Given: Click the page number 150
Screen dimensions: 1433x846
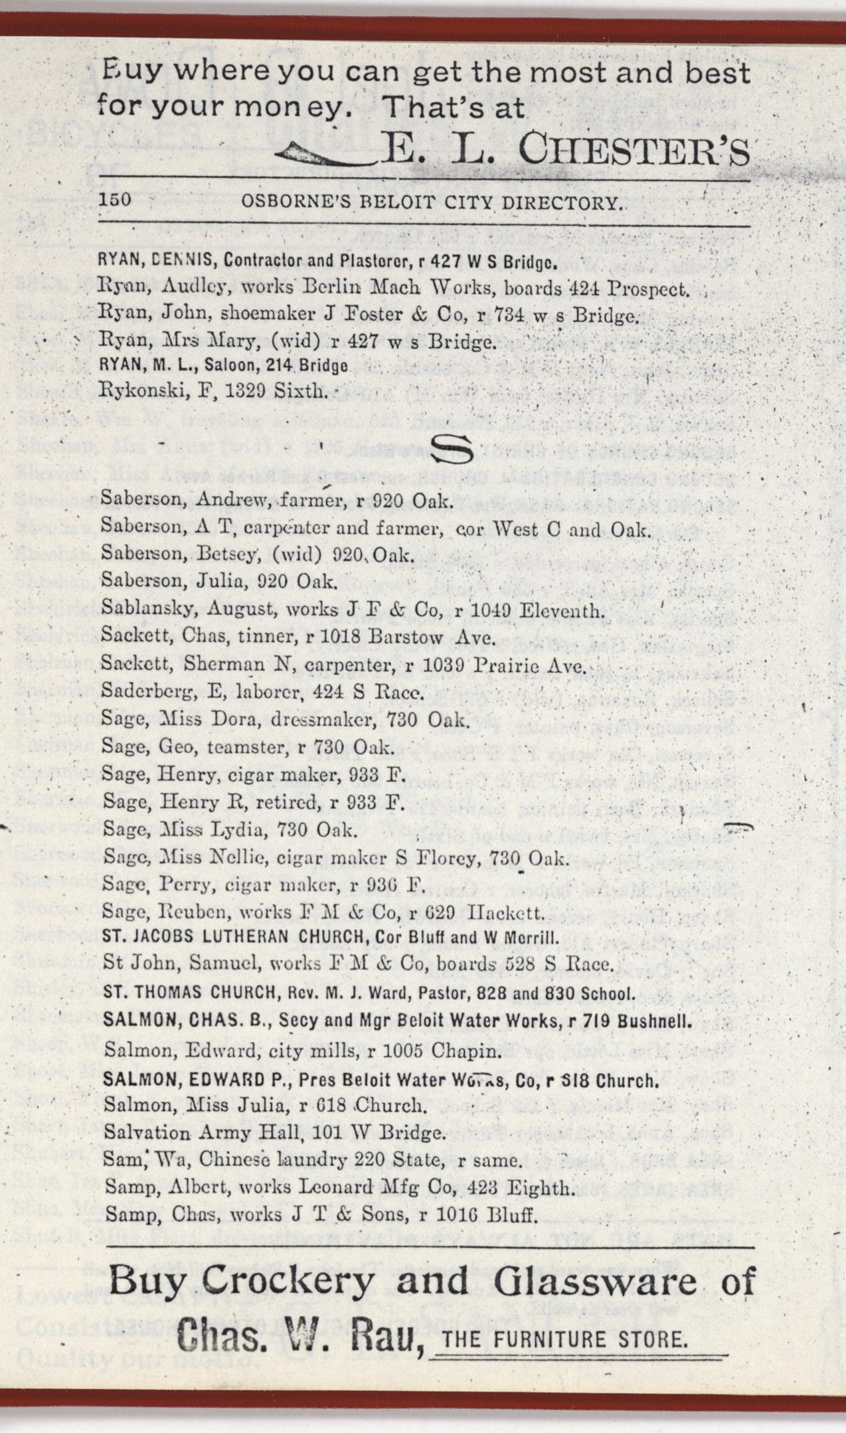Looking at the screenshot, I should (x=115, y=201).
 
